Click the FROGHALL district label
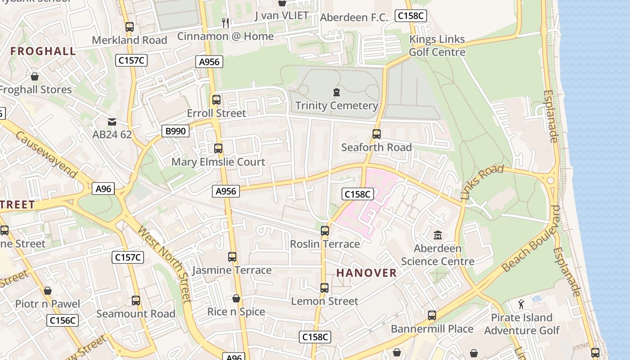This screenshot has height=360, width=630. pos(43,51)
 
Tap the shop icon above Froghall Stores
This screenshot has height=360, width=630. pos(35,76)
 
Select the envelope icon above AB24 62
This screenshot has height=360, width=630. pos(112,121)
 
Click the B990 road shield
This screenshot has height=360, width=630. pos(175,131)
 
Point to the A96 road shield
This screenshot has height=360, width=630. pos(103,189)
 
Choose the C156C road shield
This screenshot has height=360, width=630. pos(63,320)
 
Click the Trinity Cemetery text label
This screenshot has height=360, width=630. pos(336,106)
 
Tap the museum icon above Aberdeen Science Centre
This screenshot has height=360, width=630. pos(437,235)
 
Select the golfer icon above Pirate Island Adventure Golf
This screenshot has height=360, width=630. pos(521,305)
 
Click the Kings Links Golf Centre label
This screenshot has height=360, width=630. pos(436,46)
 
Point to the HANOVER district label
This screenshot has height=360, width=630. pos(366,273)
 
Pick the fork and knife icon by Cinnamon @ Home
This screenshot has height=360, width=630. pos(225,22)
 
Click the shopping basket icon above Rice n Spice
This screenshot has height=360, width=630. pos(236,298)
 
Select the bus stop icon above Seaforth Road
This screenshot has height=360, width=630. pos(376,134)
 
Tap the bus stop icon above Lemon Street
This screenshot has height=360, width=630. pos(324,288)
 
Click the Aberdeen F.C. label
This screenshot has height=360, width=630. pos(354,18)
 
